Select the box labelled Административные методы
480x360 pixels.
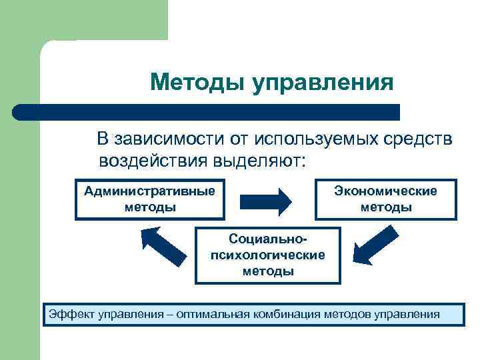pyautogui.click(x=150, y=199)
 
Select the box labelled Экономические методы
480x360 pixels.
pyautogui.click(x=386, y=199)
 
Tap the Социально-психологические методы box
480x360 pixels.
pyautogui.click(x=267, y=255)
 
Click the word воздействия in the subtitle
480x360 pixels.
pyautogui.click(x=153, y=161)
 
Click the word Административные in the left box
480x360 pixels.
pyautogui.click(x=150, y=191)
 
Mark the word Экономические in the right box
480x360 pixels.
pyautogui.click(x=386, y=191)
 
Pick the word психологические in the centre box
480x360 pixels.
pyautogui.click(x=267, y=255)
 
